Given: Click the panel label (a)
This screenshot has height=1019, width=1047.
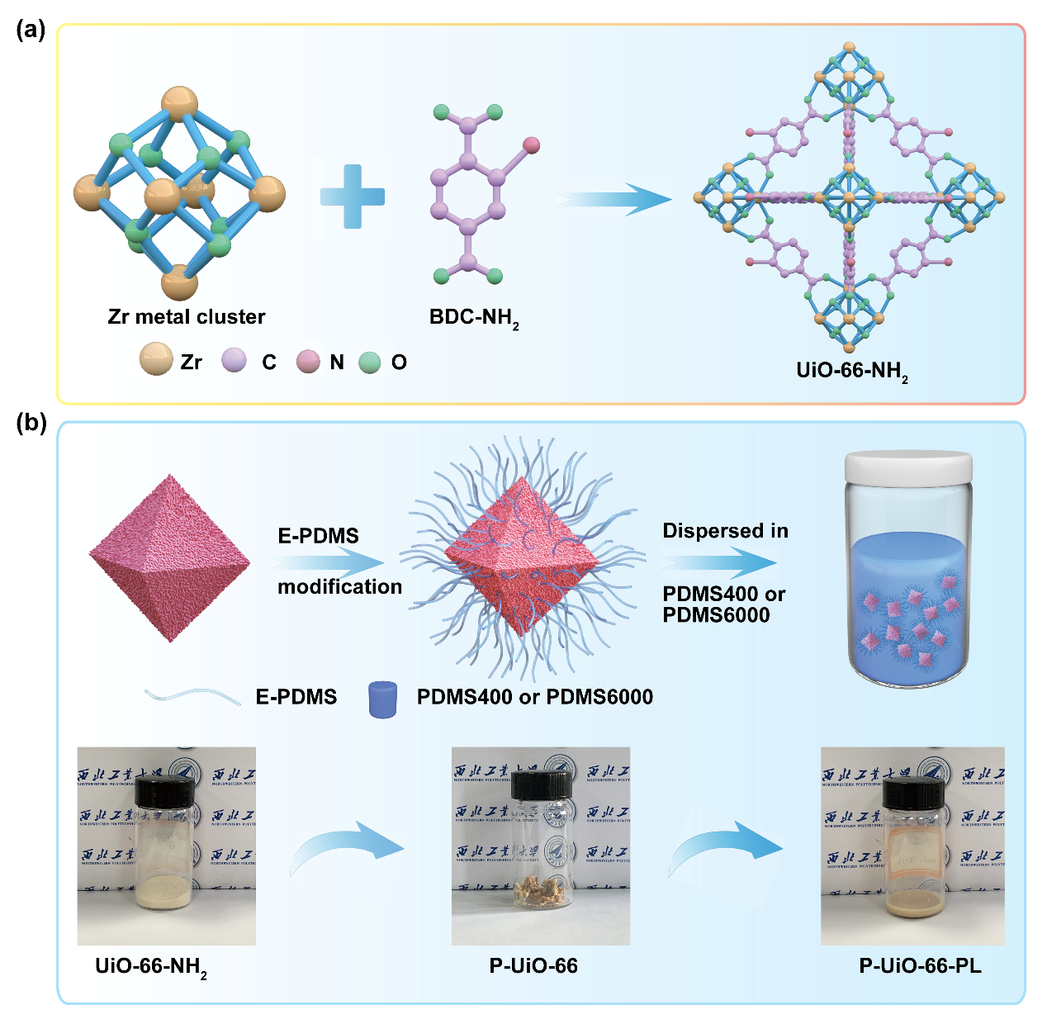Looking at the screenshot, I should [31, 31].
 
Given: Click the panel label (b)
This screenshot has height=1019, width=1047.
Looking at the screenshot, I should [31, 424].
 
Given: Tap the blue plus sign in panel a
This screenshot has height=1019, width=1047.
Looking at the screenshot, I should [353, 197].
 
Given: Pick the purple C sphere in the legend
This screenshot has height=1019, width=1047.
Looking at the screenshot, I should [235, 360].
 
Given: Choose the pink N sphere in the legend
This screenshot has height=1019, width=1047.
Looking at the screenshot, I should [308, 361].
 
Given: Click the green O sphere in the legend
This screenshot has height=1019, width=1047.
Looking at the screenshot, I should [370, 362].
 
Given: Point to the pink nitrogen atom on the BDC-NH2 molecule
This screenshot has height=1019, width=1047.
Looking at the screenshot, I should [531, 145].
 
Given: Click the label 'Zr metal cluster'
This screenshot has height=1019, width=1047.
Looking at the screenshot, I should [187, 316].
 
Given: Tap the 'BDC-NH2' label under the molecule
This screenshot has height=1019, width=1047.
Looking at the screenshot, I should [474, 319].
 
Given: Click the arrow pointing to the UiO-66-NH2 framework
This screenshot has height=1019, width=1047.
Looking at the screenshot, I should [614, 199].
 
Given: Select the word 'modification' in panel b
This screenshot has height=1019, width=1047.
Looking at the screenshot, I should [339, 586].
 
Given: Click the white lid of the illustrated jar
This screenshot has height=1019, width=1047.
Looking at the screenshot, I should [908, 468].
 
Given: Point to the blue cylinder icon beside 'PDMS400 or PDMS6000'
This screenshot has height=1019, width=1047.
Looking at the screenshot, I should [382, 699].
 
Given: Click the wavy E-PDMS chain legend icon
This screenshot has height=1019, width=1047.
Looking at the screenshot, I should [181, 695].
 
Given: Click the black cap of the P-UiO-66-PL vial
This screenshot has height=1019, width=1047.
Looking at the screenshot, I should [913, 791].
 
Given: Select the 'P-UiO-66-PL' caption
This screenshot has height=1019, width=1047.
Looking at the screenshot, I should [920, 965].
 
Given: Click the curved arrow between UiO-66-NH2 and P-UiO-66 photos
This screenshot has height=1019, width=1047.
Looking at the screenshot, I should [347, 851].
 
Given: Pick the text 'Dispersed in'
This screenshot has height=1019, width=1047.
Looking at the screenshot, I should [725, 531].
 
